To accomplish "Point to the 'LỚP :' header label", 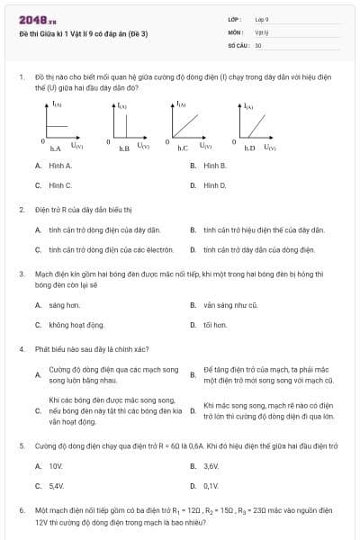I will [x=236, y=19].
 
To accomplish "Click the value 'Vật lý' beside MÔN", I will [x=262, y=31].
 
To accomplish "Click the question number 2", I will [x=21, y=211].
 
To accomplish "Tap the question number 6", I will [x=21, y=509].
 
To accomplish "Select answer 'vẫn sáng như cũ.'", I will [x=230, y=305].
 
